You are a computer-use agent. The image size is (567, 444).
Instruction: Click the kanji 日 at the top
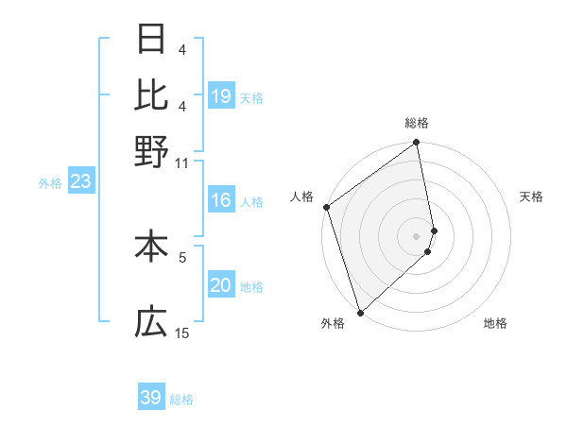(x=151, y=40)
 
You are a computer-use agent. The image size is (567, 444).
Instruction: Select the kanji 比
(x=151, y=95)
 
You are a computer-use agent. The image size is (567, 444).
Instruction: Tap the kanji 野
(x=151, y=151)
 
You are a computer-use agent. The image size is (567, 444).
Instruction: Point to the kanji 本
(x=151, y=247)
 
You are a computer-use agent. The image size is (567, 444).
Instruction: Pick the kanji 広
(x=151, y=323)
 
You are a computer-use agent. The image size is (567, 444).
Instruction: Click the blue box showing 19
(x=221, y=96)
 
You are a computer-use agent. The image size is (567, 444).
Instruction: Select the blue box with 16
(x=221, y=200)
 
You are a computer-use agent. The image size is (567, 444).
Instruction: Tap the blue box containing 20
(x=221, y=286)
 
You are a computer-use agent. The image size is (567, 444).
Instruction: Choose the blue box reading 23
(x=80, y=182)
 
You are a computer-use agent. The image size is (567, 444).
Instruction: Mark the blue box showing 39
(x=151, y=398)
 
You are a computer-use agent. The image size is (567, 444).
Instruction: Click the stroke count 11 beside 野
(x=182, y=162)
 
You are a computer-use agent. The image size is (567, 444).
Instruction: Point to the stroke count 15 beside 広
(x=182, y=333)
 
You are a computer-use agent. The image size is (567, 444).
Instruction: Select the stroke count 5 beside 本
(x=182, y=255)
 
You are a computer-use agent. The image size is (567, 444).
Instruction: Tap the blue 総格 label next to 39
(x=181, y=400)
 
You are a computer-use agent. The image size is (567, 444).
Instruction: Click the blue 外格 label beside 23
(x=49, y=183)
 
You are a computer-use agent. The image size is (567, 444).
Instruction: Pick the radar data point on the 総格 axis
(x=416, y=144)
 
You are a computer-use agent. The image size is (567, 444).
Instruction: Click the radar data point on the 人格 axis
(x=326, y=207)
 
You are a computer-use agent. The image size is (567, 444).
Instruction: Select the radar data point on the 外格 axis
(x=360, y=312)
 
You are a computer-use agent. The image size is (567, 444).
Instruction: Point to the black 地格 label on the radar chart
(x=495, y=323)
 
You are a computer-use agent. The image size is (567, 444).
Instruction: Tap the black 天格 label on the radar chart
(x=531, y=196)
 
